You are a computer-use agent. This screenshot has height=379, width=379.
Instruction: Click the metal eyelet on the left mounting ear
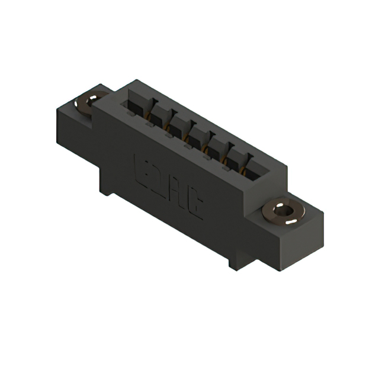pyautogui.click(x=87, y=102)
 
